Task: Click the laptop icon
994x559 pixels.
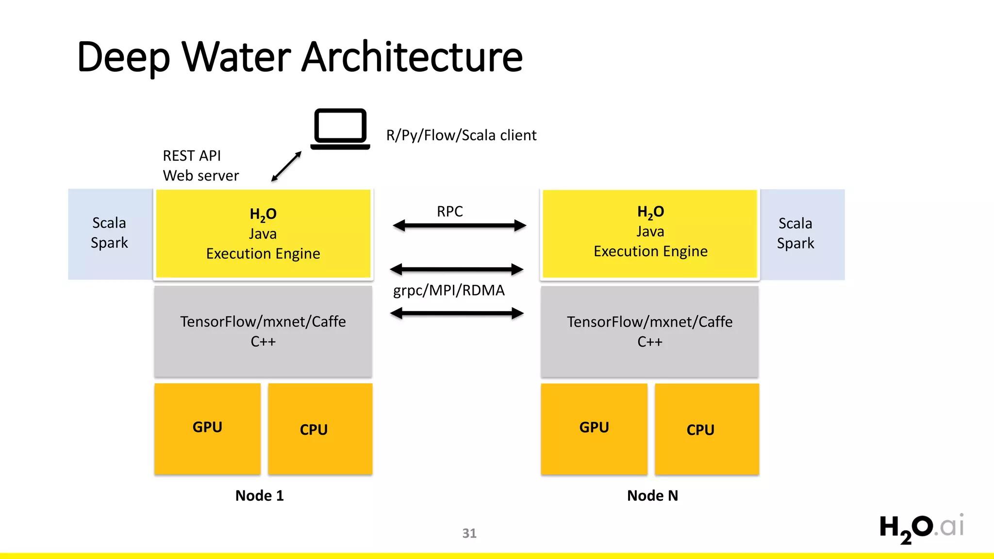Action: pyautogui.click(x=340, y=129)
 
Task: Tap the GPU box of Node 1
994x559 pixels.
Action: pyautogui.click(x=207, y=428)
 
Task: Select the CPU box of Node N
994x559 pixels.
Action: pyautogui.click(x=707, y=429)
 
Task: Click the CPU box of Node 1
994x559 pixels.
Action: pyautogui.click(x=320, y=429)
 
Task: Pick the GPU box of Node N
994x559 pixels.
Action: pyautogui.click(x=594, y=428)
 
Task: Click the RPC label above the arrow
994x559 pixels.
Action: pyautogui.click(x=449, y=212)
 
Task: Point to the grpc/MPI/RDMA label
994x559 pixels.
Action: pyautogui.click(x=448, y=290)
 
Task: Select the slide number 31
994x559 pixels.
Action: pyautogui.click(x=469, y=533)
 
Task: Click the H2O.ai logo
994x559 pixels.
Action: pyautogui.click(x=921, y=528)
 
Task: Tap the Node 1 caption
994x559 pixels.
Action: pyautogui.click(x=259, y=495)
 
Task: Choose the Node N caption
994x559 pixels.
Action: pyautogui.click(x=652, y=495)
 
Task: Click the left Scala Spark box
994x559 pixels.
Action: pyautogui.click(x=110, y=233)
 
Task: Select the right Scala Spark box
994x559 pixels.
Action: pyautogui.click(x=796, y=233)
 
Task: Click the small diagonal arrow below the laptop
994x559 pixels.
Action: pyautogui.click(x=286, y=166)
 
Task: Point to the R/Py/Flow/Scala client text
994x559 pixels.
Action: pyautogui.click(x=461, y=135)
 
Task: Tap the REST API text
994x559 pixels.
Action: pyautogui.click(x=192, y=156)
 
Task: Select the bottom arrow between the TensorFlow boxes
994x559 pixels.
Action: pyautogui.click(x=457, y=313)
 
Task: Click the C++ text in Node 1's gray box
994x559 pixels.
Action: pyautogui.click(x=263, y=342)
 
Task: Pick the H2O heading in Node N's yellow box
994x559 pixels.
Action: pyautogui.click(x=650, y=212)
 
